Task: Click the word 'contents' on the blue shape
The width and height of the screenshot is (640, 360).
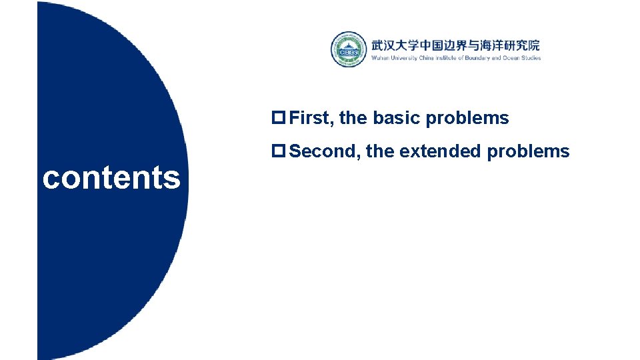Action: [x=111, y=178]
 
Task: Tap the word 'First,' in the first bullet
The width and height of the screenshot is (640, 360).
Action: [x=312, y=119]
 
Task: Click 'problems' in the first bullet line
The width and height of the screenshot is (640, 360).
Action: [x=467, y=119]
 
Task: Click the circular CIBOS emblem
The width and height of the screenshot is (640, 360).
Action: [x=349, y=49]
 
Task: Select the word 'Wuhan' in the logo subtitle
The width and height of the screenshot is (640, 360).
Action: [x=380, y=59]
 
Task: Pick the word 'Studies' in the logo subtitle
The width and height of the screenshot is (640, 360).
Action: [x=531, y=59]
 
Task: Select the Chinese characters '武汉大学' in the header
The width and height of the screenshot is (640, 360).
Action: [x=395, y=45]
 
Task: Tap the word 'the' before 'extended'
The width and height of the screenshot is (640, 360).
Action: [x=380, y=151]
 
